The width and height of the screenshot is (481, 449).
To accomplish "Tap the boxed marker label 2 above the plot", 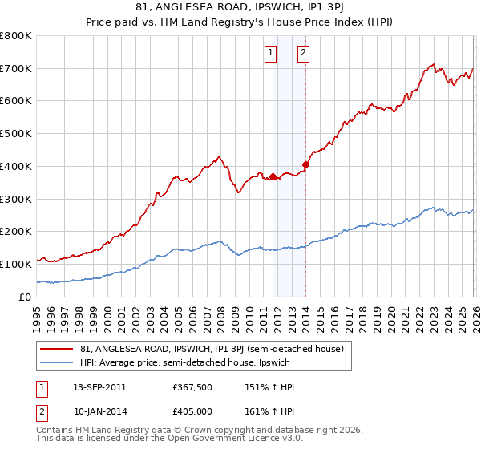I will point(304,54).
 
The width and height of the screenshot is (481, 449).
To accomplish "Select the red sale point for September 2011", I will point(273,176).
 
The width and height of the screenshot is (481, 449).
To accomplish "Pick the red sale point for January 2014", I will point(305,164).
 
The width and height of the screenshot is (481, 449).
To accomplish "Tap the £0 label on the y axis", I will point(24,297).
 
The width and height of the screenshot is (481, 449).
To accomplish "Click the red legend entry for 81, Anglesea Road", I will point(212,349).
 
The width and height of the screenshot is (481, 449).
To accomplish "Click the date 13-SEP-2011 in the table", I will point(99,386).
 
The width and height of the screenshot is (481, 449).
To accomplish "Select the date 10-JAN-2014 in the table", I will point(99,412).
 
